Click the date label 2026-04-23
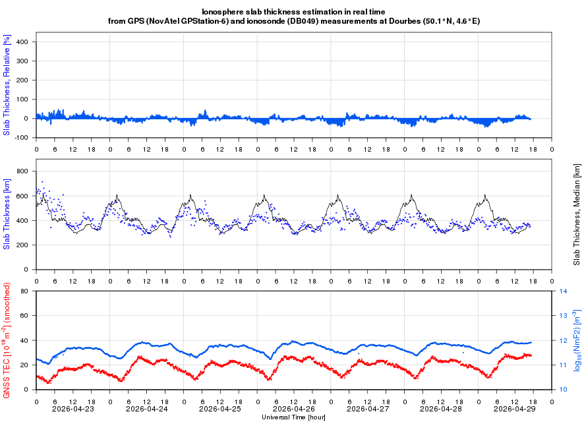pos(73,409)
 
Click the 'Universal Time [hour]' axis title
pos(294,417)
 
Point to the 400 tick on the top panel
pos(24,42)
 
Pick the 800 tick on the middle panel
pos(24,171)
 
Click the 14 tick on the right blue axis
pos(564,291)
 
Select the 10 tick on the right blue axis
pos(564,390)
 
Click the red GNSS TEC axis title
pos(7,340)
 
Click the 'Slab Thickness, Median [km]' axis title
pos(577,214)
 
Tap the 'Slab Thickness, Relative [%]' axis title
pos(7,86)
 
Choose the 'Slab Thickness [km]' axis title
pos(7,214)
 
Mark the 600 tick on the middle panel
pos(24,196)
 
